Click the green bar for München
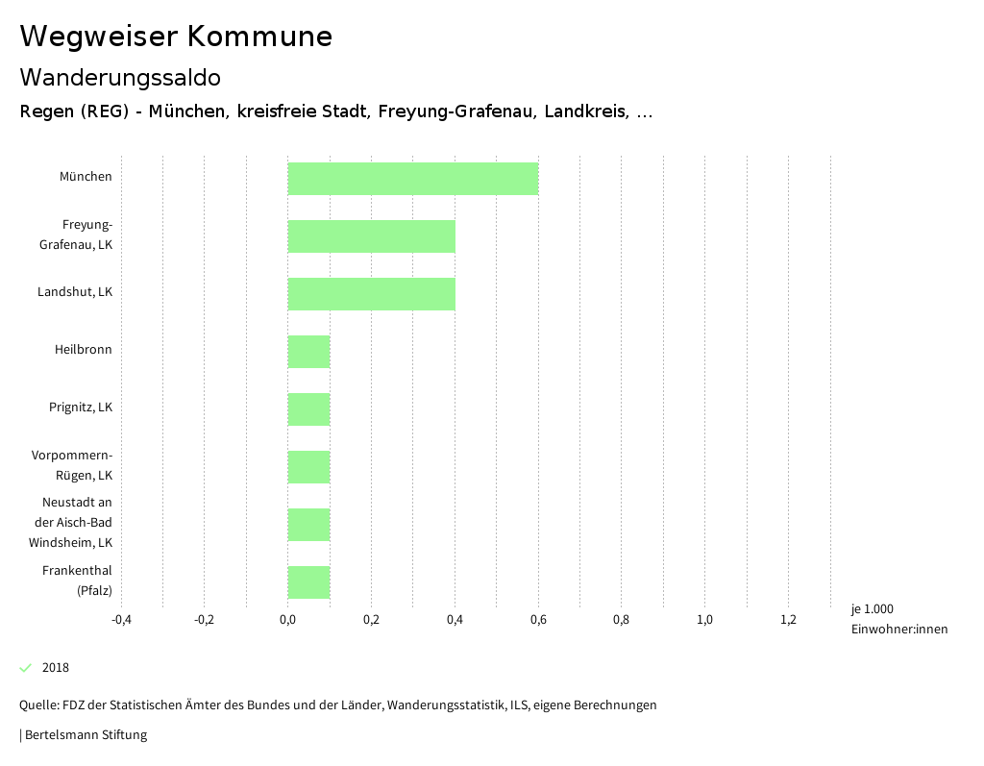coord(413,179)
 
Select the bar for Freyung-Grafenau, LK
coord(371,236)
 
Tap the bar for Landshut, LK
coord(371,294)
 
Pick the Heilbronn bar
coord(308,352)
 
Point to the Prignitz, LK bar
coord(308,409)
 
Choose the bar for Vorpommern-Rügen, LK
coord(308,467)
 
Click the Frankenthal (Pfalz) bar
coord(308,582)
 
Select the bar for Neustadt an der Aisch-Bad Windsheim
coord(308,525)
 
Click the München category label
coord(86,177)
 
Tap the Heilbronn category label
coord(83,350)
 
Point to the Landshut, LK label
coord(75,292)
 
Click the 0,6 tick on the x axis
coord(538,620)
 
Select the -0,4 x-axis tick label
coord(121,620)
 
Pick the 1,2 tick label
coord(788,620)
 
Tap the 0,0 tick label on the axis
coord(287,620)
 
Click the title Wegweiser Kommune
coord(176,37)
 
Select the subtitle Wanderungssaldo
coord(120,77)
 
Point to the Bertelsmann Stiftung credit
coord(85,735)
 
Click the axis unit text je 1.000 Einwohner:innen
coord(898,619)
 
